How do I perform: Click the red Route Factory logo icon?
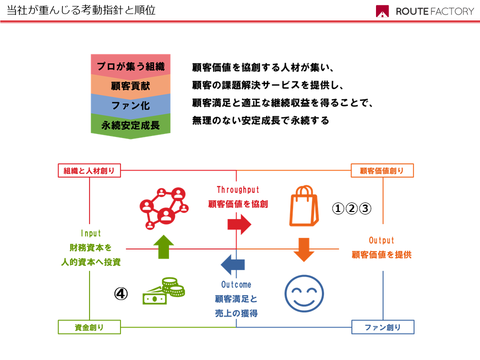382,11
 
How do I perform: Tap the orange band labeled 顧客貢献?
130,86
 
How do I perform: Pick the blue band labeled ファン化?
130,105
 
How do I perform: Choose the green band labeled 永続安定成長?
130,125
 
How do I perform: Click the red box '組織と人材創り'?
89,170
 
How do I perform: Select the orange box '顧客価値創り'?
382,170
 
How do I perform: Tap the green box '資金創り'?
89,327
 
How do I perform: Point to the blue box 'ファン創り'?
382,327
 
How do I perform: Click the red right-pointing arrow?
239,224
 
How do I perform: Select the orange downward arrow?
304,250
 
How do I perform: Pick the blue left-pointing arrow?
232,264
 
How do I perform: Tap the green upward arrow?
164,246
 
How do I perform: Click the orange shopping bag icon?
304,205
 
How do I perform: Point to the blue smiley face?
304,293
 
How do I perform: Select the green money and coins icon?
164,291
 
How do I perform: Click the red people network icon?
164,208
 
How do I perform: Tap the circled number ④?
121,294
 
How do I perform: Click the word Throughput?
238,190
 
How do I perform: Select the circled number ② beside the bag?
351,208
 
